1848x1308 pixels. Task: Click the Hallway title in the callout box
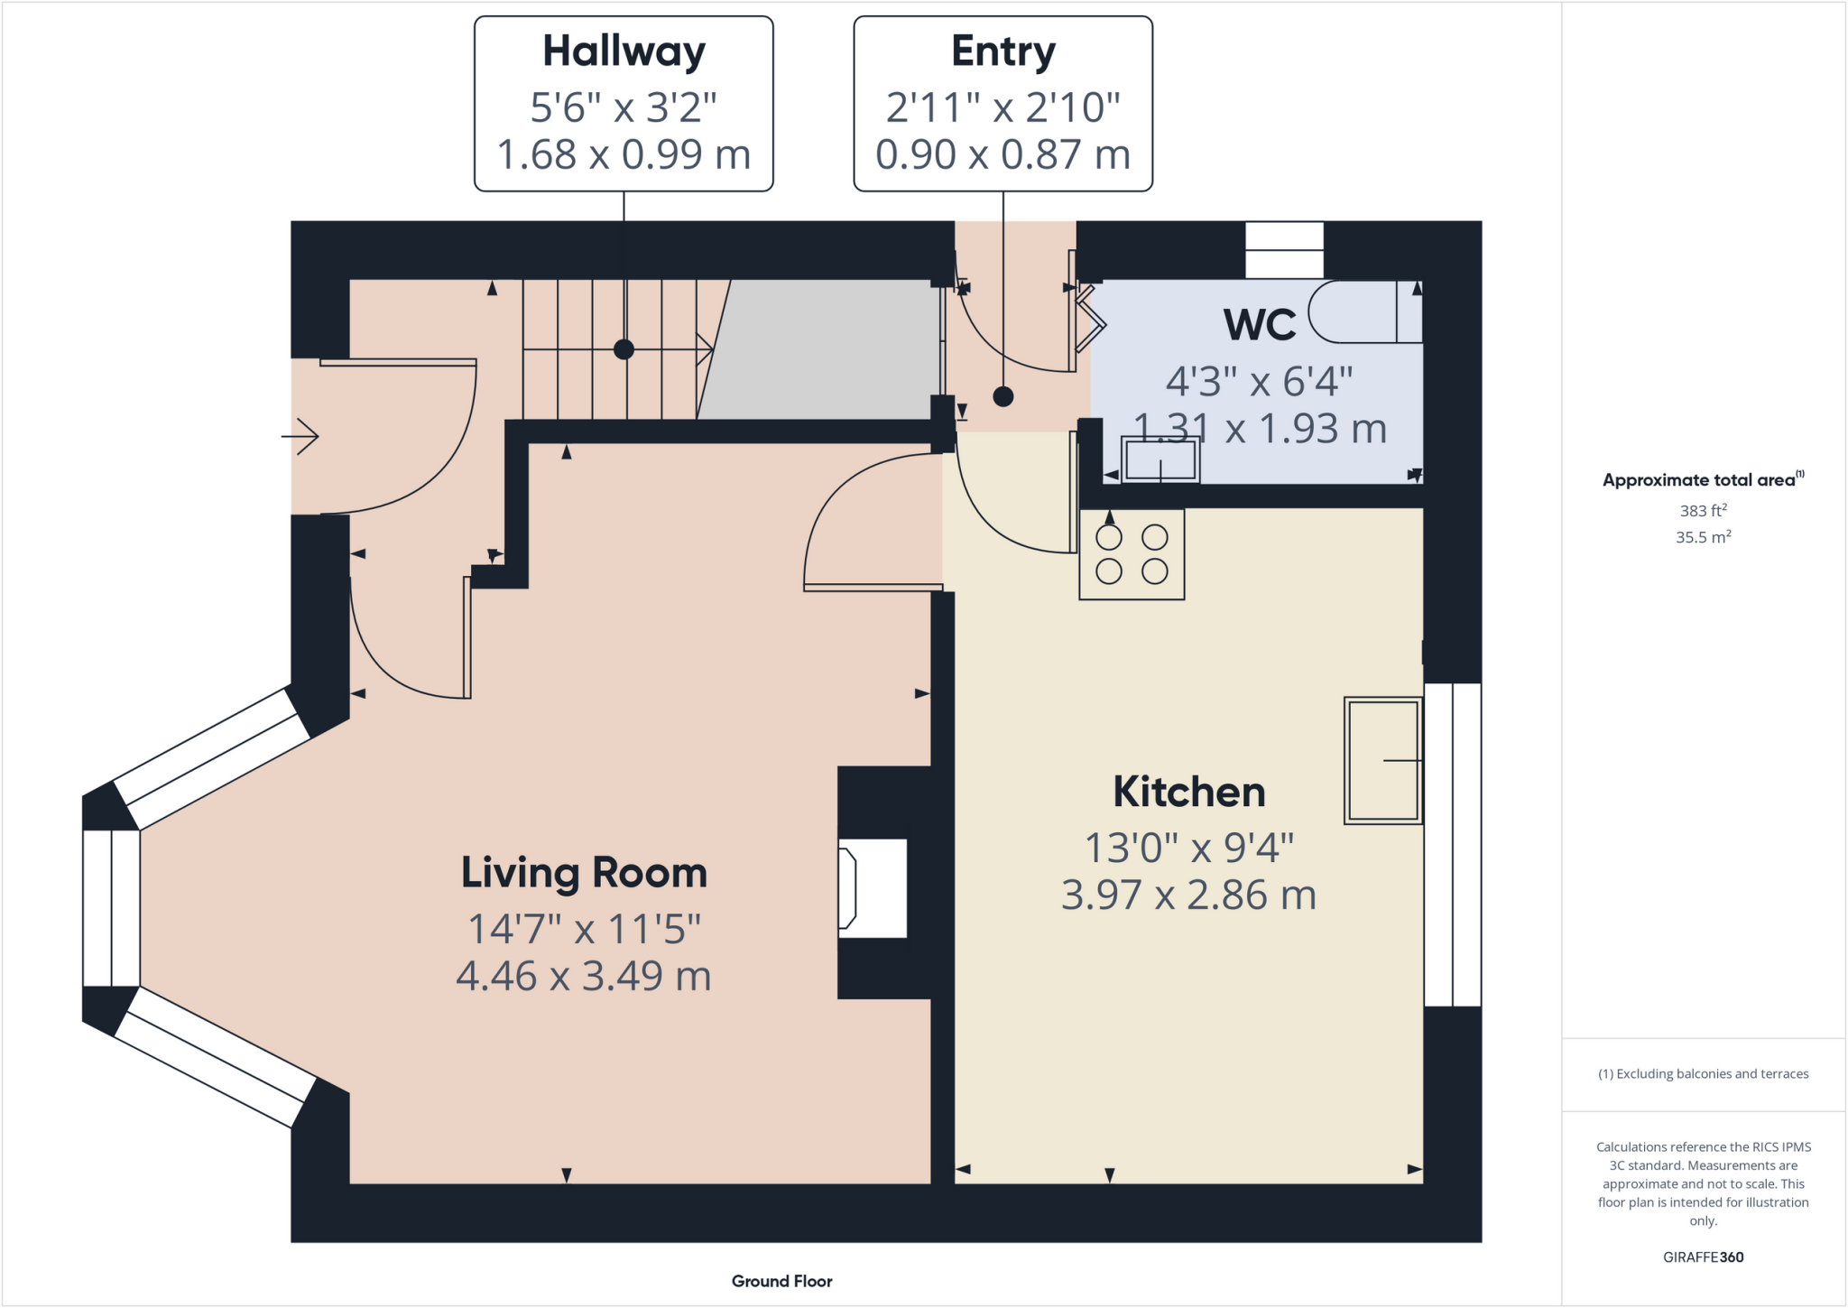tap(624, 51)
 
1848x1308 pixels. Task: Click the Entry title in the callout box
tap(1003, 51)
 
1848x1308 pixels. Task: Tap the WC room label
tap(1260, 325)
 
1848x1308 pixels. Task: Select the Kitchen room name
tap(1188, 793)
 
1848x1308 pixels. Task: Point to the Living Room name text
tap(584, 873)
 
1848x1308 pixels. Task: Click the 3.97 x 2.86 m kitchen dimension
tap(1188, 895)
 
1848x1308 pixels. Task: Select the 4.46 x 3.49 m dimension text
tap(584, 976)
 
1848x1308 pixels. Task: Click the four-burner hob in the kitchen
tap(1132, 554)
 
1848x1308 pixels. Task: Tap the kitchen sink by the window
tap(1382, 760)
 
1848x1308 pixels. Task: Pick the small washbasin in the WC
tap(1160, 460)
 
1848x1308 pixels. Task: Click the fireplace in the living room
tap(872, 888)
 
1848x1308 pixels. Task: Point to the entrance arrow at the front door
tap(300, 437)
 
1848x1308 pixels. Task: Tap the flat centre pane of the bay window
tap(111, 908)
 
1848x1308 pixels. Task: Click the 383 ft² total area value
tap(1703, 511)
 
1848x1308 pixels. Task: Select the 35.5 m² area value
tap(1703, 537)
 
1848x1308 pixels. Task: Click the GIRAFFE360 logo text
tap(1703, 1257)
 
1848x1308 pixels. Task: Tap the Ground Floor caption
tap(781, 1281)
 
